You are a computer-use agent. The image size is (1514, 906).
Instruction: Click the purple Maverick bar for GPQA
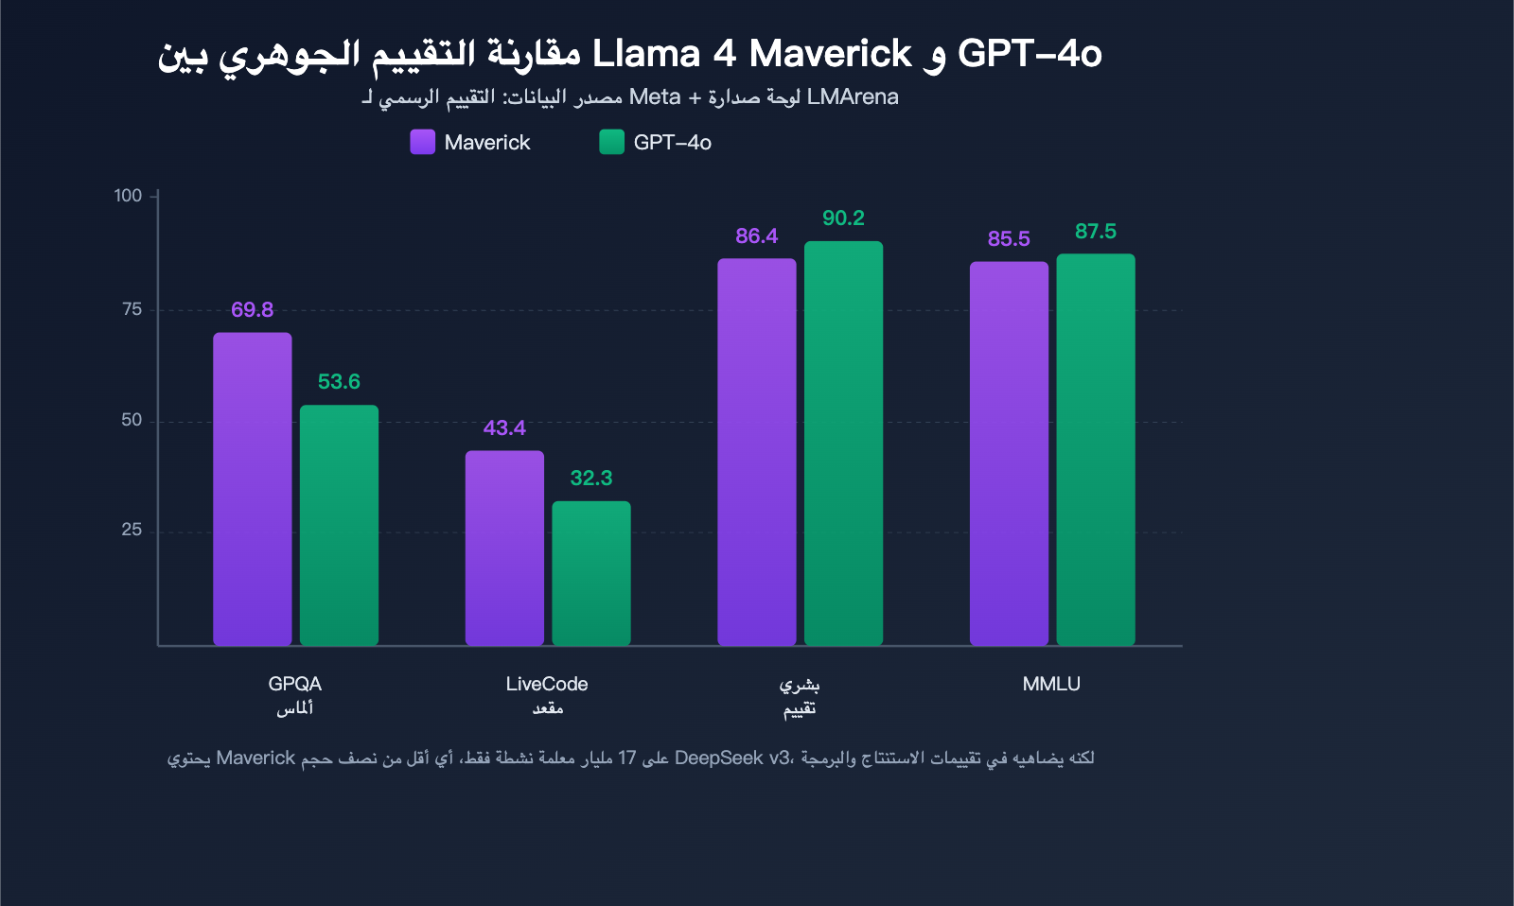(x=252, y=489)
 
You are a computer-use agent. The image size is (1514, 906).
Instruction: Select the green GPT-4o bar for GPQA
(x=339, y=526)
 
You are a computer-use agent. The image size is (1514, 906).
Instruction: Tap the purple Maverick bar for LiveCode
(x=504, y=549)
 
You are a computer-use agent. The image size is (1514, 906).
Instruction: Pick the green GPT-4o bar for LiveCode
(x=591, y=573)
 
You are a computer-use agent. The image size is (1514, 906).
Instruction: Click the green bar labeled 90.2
(x=843, y=444)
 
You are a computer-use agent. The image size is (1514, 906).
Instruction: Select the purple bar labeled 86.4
(x=756, y=452)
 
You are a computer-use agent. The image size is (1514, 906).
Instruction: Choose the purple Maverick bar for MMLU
(x=1009, y=454)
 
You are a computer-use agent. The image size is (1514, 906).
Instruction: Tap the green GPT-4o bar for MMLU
(x=1096, y=450)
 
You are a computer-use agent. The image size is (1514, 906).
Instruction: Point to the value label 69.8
(x=252, y=310)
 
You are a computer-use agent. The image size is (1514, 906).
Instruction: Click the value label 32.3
(x=591, y=479)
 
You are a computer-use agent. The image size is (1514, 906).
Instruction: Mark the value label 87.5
(x=1096, y=232)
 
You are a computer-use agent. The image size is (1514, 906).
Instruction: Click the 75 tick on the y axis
(x=132, y=309)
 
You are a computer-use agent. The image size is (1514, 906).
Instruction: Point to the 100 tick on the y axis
(x=128, y=196)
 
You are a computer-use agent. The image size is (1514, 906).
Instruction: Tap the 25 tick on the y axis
(x=132, y=531)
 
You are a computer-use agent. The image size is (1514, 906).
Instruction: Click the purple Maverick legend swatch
(x=422, y=142)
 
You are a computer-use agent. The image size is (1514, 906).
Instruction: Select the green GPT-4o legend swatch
(x=611, y=142)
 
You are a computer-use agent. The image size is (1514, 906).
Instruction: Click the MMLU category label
(x=1051, y=684)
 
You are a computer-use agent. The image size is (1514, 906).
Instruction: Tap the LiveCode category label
(x=547, y=684)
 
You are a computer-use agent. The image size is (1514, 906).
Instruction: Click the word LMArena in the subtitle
(x=853, y=97)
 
